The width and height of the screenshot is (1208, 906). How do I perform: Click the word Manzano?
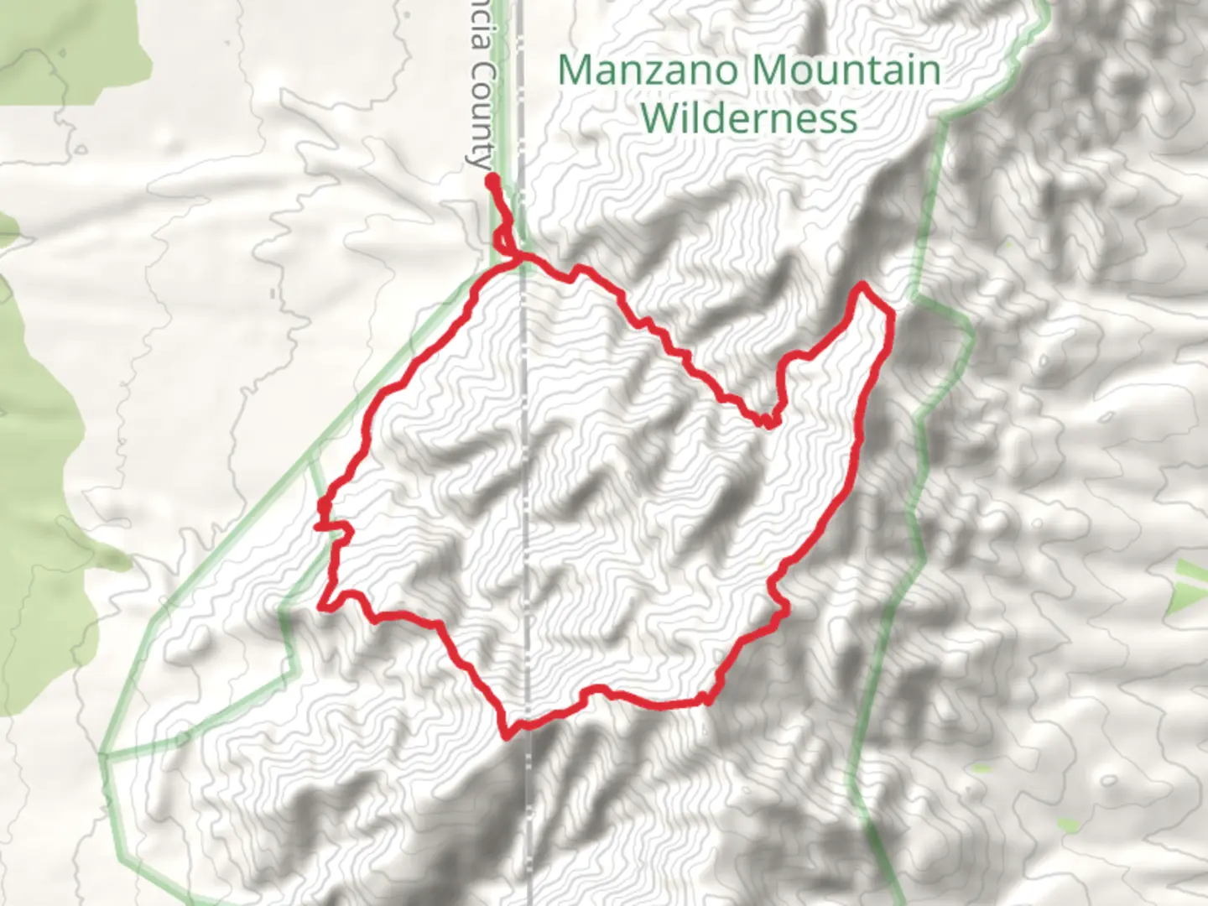[x=648, y=70]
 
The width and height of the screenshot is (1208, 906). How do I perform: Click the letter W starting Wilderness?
[x=662, y=117]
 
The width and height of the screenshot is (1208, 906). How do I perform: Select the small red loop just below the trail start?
[x=503, y=240]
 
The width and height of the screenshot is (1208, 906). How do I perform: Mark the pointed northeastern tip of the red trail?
[x=862, y=288]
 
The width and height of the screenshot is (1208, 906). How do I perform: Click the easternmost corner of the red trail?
[x=889, y=315]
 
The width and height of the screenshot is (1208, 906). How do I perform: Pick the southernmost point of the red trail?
[x=507, y=737]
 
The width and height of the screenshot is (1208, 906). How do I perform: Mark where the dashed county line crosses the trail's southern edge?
[x=527, y=723]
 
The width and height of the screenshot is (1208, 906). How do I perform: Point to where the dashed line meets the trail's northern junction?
[x=523, y=263]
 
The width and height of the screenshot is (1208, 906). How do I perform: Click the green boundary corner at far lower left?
[x=102, y=755]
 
